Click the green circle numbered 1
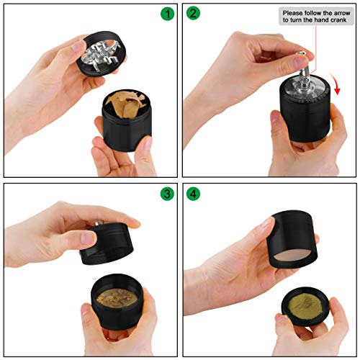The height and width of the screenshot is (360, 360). click(x=167, y=14)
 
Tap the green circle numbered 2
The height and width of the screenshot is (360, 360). click(x=193, y=13)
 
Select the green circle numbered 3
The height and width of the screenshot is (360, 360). click(x=167, y=194)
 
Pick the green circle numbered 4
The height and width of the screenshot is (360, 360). click(x=193, y=194)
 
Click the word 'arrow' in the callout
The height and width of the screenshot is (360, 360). click(x=341, y=13)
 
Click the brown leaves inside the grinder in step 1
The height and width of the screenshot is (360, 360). click(x=125, y=104)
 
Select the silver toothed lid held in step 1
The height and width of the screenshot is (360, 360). click(x=102, y=54)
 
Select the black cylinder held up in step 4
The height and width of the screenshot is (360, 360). click(x=292, y=239)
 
